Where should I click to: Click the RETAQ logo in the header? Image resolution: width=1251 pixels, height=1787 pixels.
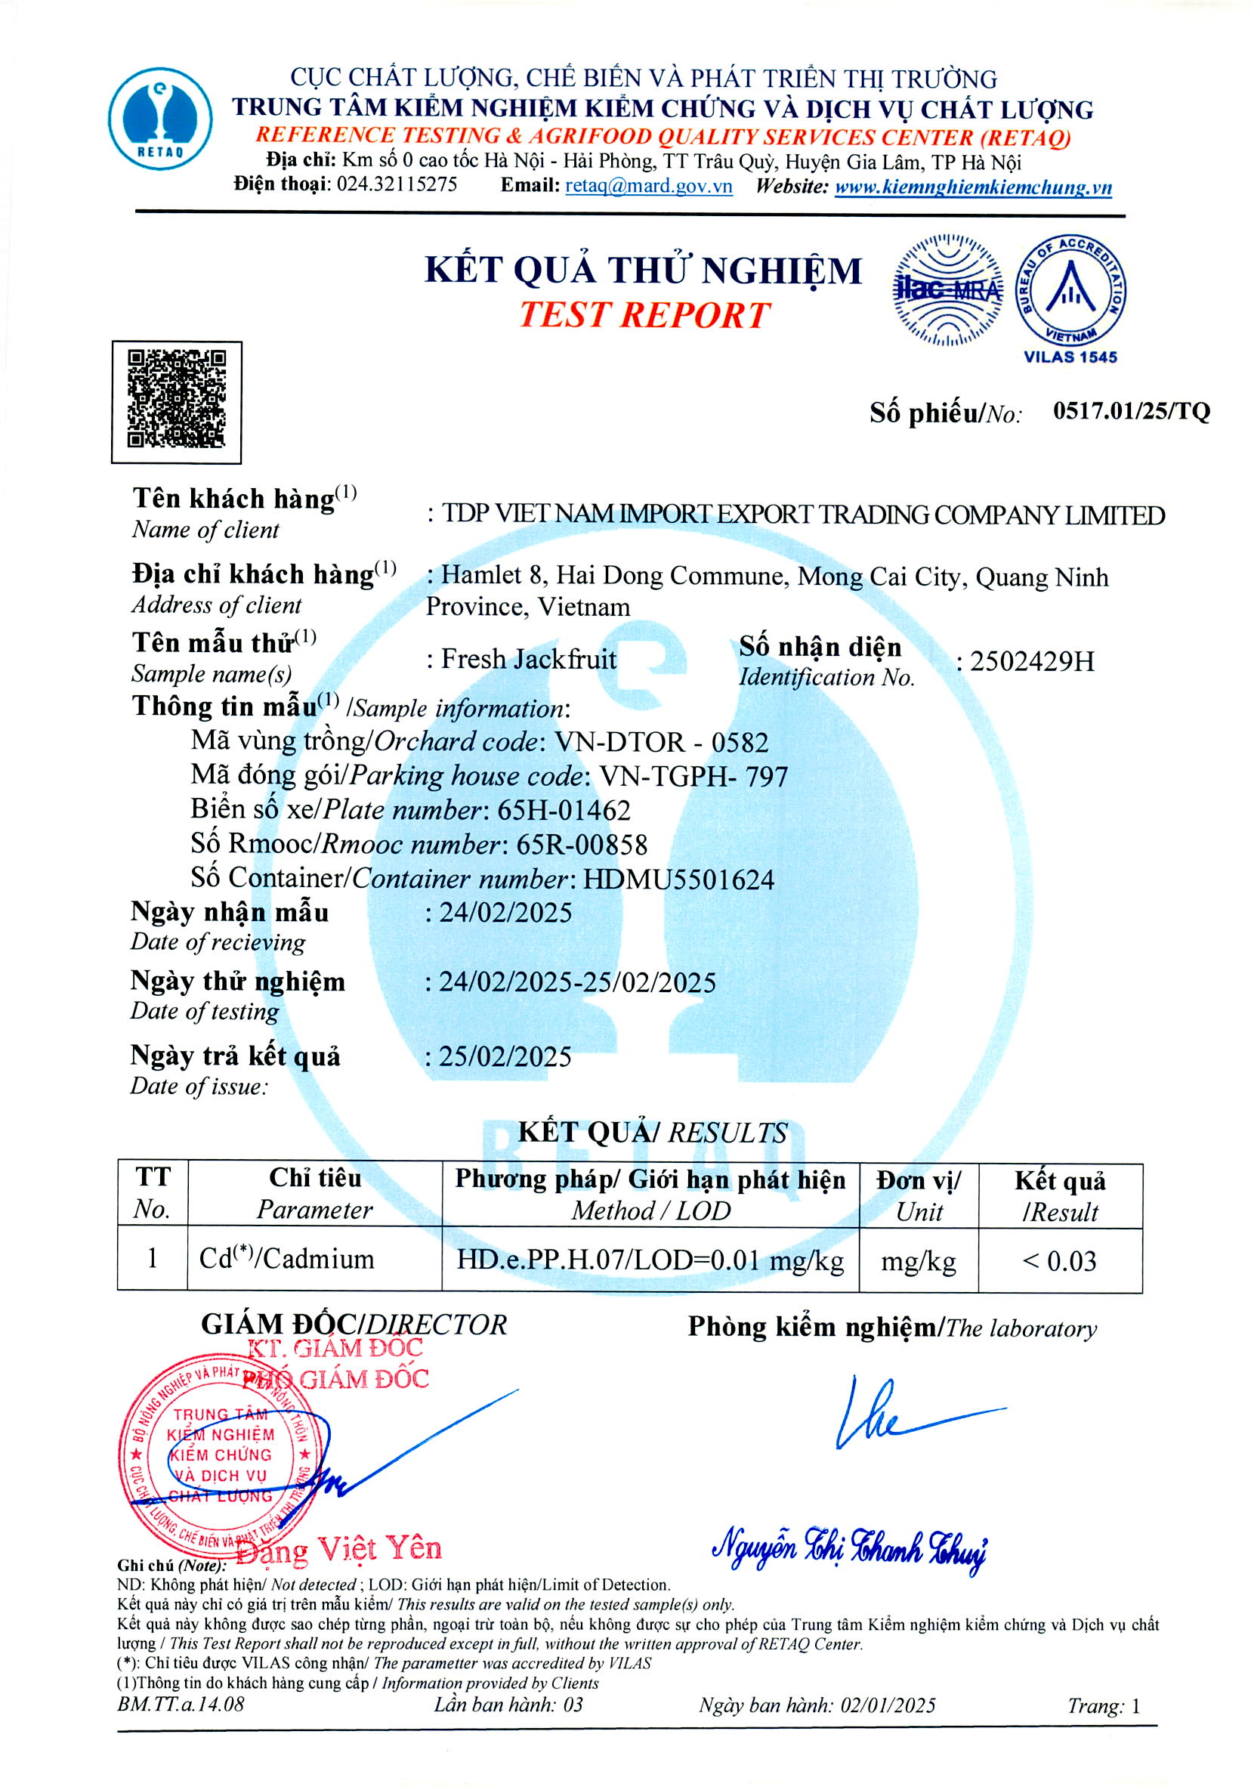(x=159, y=119)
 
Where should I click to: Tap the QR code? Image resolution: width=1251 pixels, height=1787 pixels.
(x=177, y=402)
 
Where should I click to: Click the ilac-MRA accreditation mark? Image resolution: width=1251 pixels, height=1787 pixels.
(x=946, y=290)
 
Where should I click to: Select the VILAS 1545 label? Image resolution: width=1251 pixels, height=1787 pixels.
(x=1070, y=357)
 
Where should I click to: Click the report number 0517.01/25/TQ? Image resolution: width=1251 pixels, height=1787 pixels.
(x=1131, y=411)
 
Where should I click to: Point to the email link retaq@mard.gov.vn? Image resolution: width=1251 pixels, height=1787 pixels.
(x=648, y=186)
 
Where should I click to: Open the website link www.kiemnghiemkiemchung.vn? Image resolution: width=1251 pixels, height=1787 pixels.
(x=972, y=187)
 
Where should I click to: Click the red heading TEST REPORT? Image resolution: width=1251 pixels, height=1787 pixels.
(x=644, y=315)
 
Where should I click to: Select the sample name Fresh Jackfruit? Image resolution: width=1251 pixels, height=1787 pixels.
(x=528, y=659)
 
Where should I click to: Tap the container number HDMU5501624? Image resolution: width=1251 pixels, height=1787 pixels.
(x=678, y=880)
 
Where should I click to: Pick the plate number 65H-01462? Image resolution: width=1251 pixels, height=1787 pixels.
(x=564, y=810)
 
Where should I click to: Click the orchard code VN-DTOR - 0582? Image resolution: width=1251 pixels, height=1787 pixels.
(x=660, y=742)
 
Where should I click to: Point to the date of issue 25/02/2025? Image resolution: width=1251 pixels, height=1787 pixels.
(x=505, y=1056)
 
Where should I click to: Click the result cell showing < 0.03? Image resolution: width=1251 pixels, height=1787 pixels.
(x=1060, y=1261)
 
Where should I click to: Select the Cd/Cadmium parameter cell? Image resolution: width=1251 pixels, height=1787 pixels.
(x=287, y=1260)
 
